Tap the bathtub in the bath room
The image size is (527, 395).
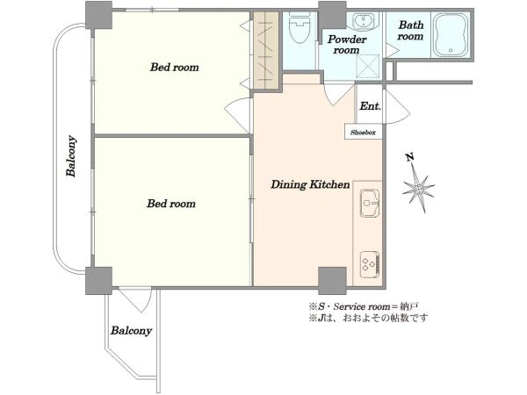[x=451, y=35]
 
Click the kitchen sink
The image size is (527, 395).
[x=370, y=203]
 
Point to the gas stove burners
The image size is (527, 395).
[x=370, y=264]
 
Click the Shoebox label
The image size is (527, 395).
[x=363, y=133]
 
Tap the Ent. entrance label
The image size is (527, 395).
[x=371, y=106]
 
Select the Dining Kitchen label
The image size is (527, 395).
[x=310, y=184]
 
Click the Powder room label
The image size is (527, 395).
[x=347, y=45]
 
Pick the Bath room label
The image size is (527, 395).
[x=411, y=30]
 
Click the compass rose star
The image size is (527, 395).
[x=419, y=190]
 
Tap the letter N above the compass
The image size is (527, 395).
[x=409, y=157]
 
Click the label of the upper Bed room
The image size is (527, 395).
[x=175, y=68]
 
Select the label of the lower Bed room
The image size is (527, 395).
[x=171, y=204]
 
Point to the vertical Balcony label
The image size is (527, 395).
[x=71, y=156]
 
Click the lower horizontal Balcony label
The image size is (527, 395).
[x=132, y=331]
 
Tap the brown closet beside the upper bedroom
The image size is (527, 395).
[x=266, y=51]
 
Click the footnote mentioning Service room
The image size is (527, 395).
[x=364, y=306]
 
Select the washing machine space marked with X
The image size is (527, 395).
[x=368, y=66]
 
